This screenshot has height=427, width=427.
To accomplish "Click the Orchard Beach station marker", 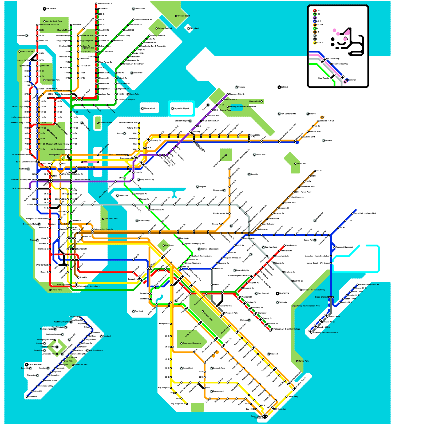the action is point(176,16).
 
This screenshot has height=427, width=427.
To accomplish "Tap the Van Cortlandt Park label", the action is point(54,21).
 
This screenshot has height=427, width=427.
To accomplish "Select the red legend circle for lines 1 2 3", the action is point(315,11).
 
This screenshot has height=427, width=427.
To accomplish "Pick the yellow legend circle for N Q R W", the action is point(315,42).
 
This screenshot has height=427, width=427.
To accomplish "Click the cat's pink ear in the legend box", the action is point(347,32).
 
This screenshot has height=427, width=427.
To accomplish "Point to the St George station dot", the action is point(80,317).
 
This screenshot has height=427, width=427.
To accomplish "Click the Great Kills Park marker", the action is point(73,365).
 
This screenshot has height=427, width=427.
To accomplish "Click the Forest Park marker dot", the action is point(295,164).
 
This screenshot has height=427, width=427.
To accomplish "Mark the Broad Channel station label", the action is point(321,297).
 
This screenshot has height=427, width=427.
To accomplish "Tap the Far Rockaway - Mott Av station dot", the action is point(358,285).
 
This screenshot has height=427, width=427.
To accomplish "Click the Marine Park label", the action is point(303,361).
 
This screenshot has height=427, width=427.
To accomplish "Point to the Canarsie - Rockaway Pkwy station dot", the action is point(301,290).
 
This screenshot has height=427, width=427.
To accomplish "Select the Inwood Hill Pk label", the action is point(27,52).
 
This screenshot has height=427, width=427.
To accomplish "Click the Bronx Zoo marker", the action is point(84,48).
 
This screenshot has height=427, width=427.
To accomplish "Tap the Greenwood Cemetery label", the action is point(192,343).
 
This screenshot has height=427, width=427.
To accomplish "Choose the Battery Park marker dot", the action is point(50,290).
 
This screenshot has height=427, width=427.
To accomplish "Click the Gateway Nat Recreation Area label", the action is point(307,306).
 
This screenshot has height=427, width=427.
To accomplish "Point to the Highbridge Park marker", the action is point(45,80).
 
